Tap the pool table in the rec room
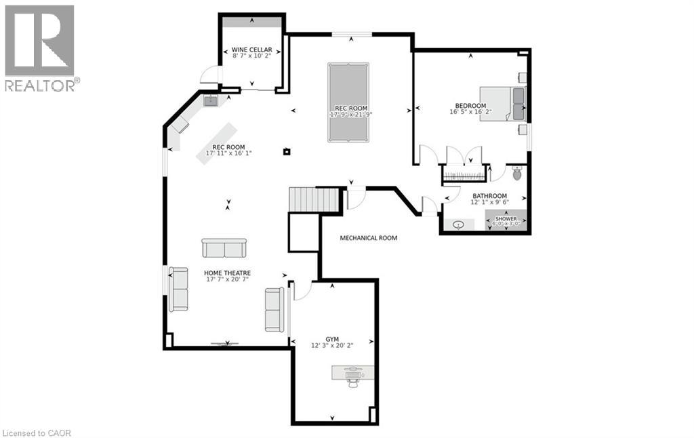point(350,102)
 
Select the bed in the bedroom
point(502,104)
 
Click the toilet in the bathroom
point(518,174)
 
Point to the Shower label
point(506,219)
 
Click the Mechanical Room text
point(368,238)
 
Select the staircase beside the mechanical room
point(314,200)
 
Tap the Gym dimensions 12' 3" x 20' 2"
point(331,345)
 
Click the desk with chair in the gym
point(352,374)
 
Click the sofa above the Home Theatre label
point(224,248)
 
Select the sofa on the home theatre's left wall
point(179,289)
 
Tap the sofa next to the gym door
point(274,309)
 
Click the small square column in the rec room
point(287,151)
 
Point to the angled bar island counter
point(217,142)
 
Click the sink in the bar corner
point(211,101)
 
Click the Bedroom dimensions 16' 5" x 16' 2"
point(470,113)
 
